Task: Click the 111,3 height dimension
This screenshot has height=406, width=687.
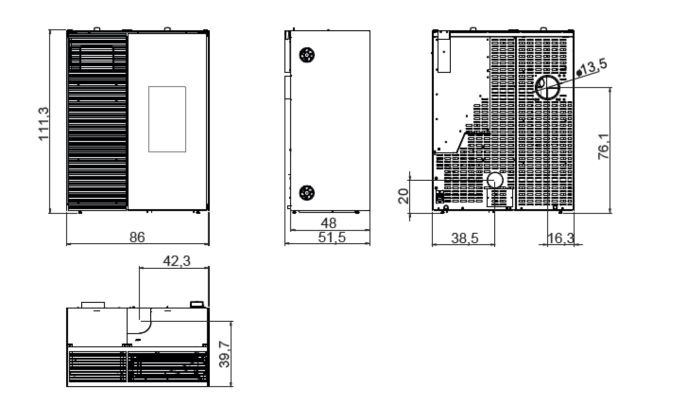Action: (x=43, y=124)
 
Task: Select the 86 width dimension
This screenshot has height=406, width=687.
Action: (x=137, y=237)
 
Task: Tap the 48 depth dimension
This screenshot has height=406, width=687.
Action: (x=328, y=223)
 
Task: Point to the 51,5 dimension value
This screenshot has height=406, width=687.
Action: (x=332, y=238)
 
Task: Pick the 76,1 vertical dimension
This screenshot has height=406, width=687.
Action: (x=603, y=146)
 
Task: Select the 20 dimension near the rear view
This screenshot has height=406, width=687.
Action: (x=403, y=196)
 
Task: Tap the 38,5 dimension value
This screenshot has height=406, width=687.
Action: (x=464, y=238)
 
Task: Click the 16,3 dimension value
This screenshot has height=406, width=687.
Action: (x=560, y=238)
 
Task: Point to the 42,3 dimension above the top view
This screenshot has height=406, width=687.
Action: (x=177, y=261)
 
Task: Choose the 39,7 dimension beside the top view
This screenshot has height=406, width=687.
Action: (x=224, y=354)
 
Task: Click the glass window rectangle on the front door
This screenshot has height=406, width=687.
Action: (x=167, y=119)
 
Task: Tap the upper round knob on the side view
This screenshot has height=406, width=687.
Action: (x=307, y=55)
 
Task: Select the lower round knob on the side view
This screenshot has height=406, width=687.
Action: (x=307, y=193)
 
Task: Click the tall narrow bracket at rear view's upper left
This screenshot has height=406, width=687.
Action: (x=444, y=52)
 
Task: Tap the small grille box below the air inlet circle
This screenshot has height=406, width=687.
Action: (x=500, y=197)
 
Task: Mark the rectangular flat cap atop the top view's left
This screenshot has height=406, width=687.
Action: (x=93, y=305)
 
